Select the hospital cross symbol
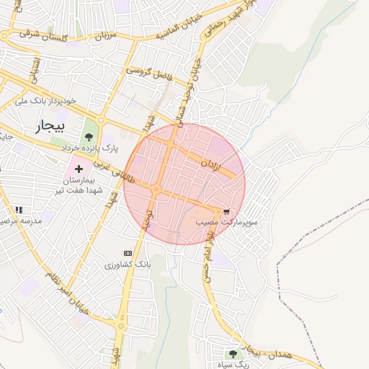pos(79,168)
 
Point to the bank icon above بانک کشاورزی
pos(128,253)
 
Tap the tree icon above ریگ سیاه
pos(233,353)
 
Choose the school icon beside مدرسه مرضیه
pos(19,209)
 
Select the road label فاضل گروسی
pos(148,72)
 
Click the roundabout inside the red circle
pos(156,190)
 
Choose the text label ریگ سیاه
pos(232,365)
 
